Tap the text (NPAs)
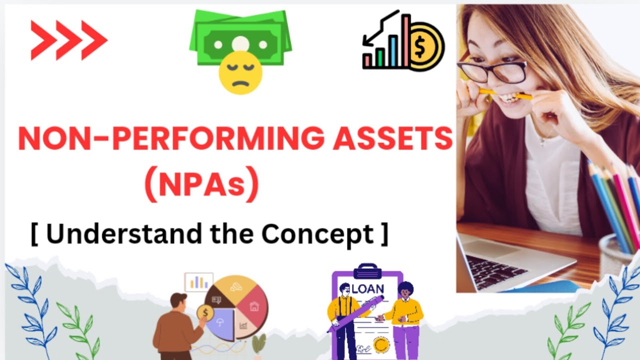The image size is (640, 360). pos(201,185)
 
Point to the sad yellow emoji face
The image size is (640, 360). pos(240,72)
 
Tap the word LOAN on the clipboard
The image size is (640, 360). pos(368,288)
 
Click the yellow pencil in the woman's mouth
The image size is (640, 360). pos(505,93)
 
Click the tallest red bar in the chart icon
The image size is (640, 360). pos(406,40)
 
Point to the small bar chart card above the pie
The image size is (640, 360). pos(198,282)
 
